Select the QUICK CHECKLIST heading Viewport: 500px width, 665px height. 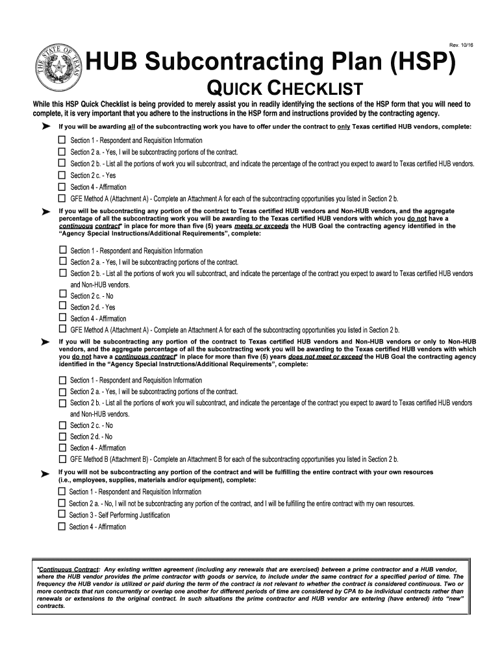pos(284,90)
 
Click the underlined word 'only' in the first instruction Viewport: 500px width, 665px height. pos(344,126)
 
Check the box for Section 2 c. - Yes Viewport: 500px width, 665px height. pos(62,175)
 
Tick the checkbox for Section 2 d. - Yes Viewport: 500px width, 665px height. pos(62,307)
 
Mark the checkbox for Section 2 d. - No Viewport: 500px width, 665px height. pos(62,436)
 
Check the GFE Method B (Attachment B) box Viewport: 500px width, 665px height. pos(62,459)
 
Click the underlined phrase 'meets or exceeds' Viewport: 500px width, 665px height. pos(262,227)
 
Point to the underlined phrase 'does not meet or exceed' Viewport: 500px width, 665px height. pos(325,357)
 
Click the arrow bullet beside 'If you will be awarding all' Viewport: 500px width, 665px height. pos(45,126)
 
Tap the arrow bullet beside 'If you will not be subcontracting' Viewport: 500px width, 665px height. pos(45,475)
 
